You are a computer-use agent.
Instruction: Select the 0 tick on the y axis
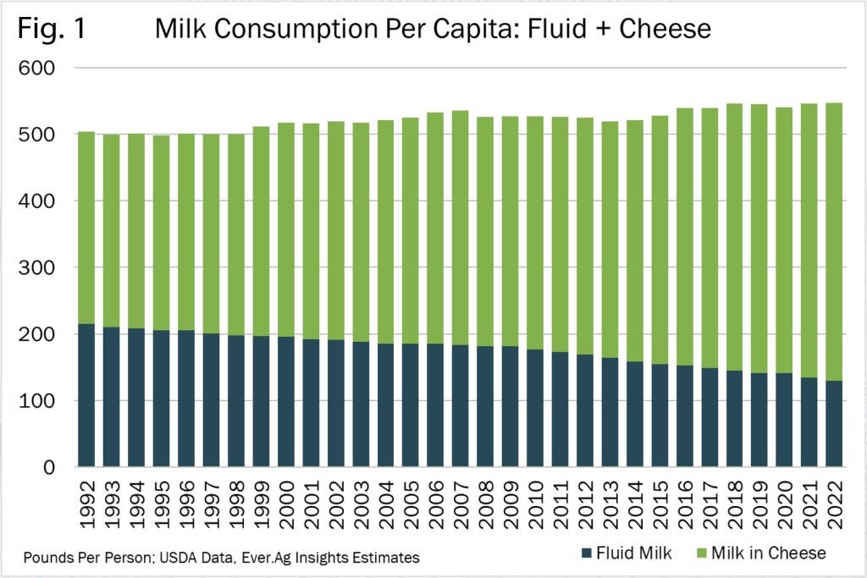(48, 468)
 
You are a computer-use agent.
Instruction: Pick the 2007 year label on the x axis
(461, 505)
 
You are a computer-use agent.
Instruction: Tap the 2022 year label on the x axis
(836, 505)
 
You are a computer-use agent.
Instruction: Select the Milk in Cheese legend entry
(768, 553)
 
